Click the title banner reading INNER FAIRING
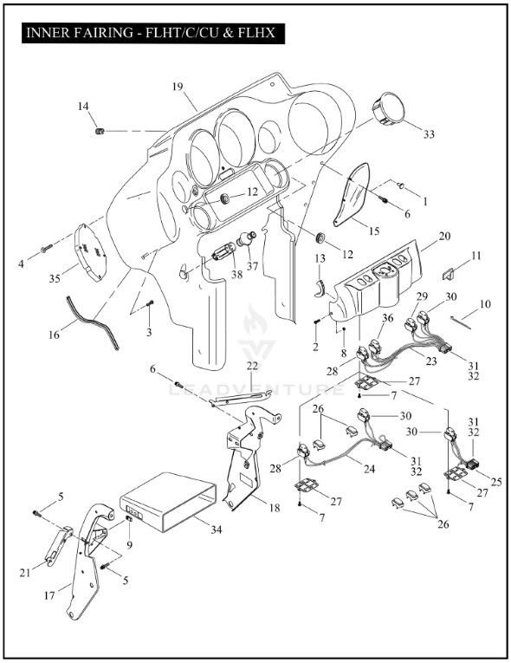click(153, 33)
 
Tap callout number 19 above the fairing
click(178, 87)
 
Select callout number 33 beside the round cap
click(429, 134)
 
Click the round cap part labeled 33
click(387, 108)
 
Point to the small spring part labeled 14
click(100, 131)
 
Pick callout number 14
click(83, 106)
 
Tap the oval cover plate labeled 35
click(90, 251)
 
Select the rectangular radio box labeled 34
click(168, 501)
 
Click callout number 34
click(216, 529)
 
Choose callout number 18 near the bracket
click(275, 507)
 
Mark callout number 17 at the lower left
click(49, 595)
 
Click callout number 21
click(25, 573)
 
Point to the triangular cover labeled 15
click(353, 194)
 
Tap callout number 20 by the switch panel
click(444, 236)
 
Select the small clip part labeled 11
click(448, 274)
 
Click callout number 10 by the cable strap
click(485, 303)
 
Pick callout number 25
click(495, 482)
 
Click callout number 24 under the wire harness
click(369, 469)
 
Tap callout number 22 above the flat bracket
click(252, 367)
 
